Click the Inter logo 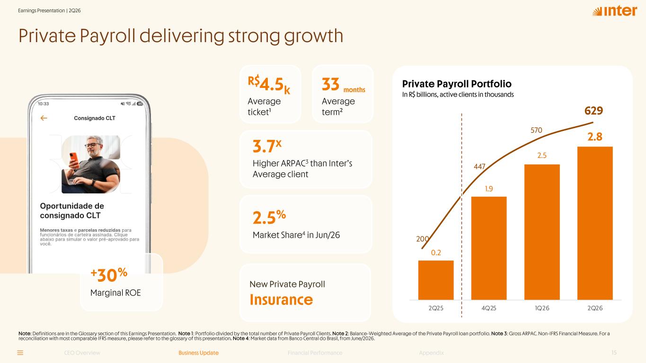click(615, 11)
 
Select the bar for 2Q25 click(436, 280)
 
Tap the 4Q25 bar click(489, 248)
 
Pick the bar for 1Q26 click(542, 232)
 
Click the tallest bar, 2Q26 click(595, 223)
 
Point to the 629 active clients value click(593, 111)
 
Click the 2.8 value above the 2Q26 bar click(595, 137)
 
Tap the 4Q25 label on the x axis click(489, 308)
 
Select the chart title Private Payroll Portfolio click(457, 84)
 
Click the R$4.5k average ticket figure click(269, 84)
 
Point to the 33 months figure click(343, 85)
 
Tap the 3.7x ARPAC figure click(267, 146)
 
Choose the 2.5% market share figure click(269, 217)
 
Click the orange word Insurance click(281, 300)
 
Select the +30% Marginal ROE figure click(109, 275)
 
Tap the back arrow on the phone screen click(44, 118)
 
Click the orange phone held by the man click(74, 160)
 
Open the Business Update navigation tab click(198, 353)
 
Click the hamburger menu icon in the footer click(20, 353)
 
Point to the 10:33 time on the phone click(43, 104)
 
